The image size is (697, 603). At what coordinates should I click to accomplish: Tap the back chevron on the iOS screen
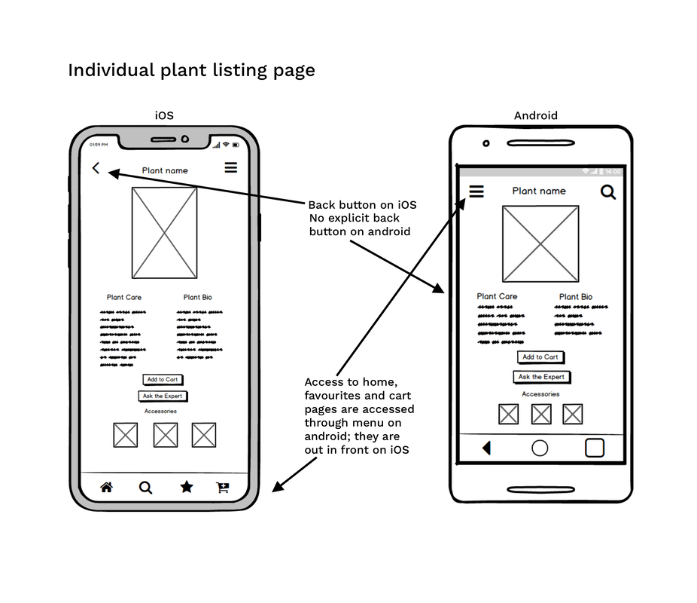click(96, 169)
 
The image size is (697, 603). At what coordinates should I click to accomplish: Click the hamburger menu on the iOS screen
click(230, 167)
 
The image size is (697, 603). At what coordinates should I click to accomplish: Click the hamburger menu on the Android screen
click(476, 191)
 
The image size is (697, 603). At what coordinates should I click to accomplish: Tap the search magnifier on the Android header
click(608, 192)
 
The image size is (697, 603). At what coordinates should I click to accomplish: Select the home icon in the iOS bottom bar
click(107, 488)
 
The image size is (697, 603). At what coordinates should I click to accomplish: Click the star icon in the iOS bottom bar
click(186, 487)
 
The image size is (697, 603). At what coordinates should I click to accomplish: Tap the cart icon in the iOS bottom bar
click(223, 488)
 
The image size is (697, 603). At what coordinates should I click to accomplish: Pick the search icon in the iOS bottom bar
click(145, 488)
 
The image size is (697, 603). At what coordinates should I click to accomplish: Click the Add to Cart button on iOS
click(163, 380)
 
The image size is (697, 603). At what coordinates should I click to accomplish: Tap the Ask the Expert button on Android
click(542, 377)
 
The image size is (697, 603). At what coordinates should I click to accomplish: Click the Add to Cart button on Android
click(540, 357)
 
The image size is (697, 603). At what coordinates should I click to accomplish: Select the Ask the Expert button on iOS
click(163, 396)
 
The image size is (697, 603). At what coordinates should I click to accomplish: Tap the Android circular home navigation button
click(540, 448)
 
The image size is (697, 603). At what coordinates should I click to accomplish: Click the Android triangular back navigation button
click(486, 448)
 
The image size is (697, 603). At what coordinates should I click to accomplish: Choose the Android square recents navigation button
click(595, 448)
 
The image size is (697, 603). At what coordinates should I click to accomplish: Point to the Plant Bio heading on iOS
click(197, 298)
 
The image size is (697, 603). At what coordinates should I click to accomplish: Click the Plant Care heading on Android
click(497, 297)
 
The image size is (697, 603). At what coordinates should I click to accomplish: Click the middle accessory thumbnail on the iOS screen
click(166, 435)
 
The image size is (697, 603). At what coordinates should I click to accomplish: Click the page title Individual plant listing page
click(191, 71)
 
